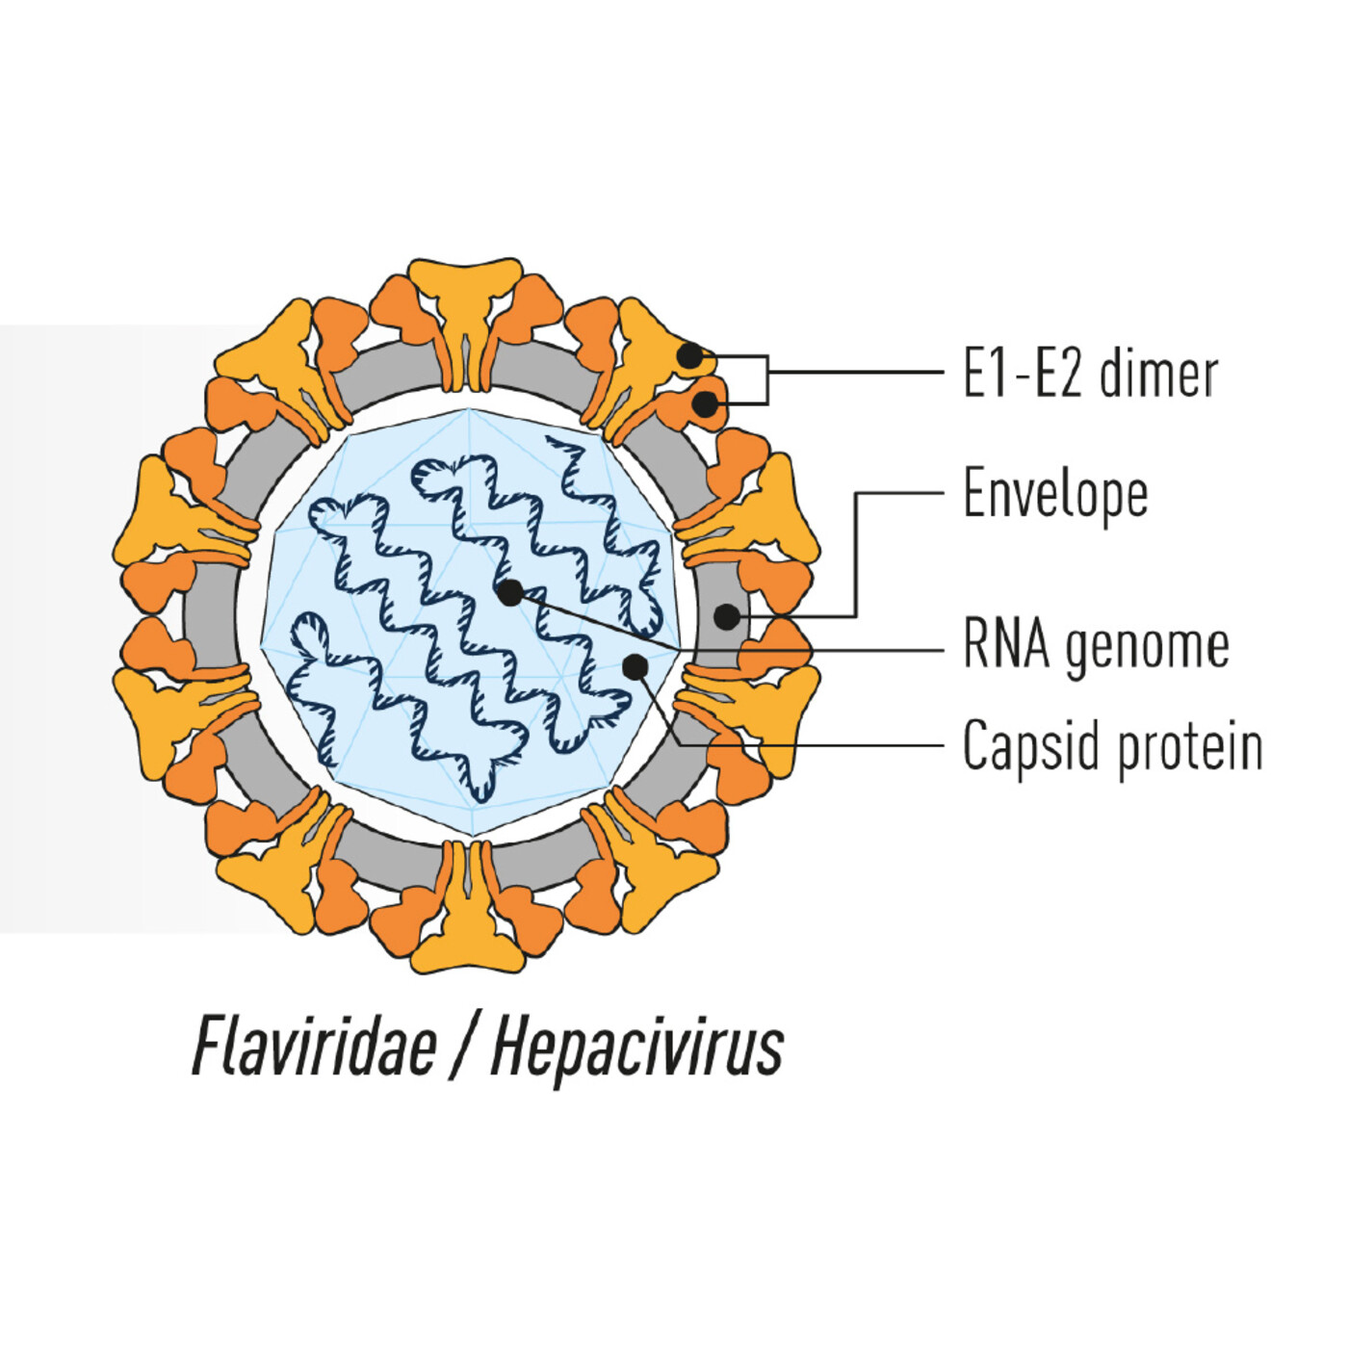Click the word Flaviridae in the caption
pos(315,1047)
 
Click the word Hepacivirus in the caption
pos(636,1047)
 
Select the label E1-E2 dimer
pos(1090,374)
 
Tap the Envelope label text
pos(1055,495)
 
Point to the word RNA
pos(1006,644)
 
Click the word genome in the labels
pos(1148,647)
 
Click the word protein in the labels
pos(1190,747)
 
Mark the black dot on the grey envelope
pos(727,616)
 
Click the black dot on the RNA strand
pos(510,593)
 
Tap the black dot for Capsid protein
pos(635,665)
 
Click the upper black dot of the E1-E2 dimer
pos(690,355)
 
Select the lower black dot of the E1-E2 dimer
pos(706,404)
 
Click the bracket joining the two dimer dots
pos(767,379)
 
